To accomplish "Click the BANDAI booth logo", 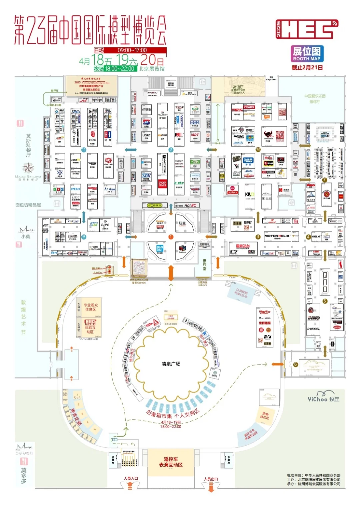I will coord(160,248).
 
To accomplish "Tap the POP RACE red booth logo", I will coord(162,184).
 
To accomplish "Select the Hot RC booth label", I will coord(190,205).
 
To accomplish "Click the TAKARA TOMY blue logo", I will coord(248,160).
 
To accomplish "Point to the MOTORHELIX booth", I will coord(277,236).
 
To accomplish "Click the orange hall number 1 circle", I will coord(171,237).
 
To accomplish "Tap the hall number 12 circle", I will coord(258,149).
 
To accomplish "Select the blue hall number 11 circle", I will coord(84,150).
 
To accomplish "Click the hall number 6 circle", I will coord(295,365).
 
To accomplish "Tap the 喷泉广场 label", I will coord(171,364).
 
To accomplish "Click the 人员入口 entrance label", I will coord(131,479).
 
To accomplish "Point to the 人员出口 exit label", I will coord(211,479).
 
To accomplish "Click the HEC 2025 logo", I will coord(307,29).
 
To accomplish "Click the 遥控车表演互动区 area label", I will coord(171,462).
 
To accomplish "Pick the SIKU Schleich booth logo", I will coord(233,190).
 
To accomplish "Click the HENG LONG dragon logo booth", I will coord(108,162).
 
